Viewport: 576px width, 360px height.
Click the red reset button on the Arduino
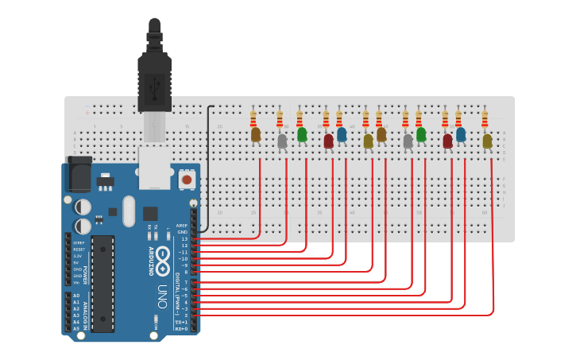[x=187, y=180]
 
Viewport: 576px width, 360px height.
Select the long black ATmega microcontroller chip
[x=102, y=283]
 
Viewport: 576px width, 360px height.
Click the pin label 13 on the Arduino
[x=184, y=238]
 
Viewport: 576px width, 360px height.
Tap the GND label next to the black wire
[x=183, y=231]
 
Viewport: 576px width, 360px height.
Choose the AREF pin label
[x=182, y=225]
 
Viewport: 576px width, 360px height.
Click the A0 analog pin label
[x=76, y=296]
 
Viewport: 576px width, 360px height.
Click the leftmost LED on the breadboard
[x=256, y=135]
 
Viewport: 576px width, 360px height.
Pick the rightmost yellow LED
[x=487, y=141]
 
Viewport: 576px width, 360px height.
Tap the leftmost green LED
[x=302, y=134]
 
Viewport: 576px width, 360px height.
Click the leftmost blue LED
[x=342, y=134]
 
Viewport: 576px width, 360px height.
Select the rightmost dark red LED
[x=447, y=141]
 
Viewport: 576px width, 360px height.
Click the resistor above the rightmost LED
[x=485, y=119]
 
